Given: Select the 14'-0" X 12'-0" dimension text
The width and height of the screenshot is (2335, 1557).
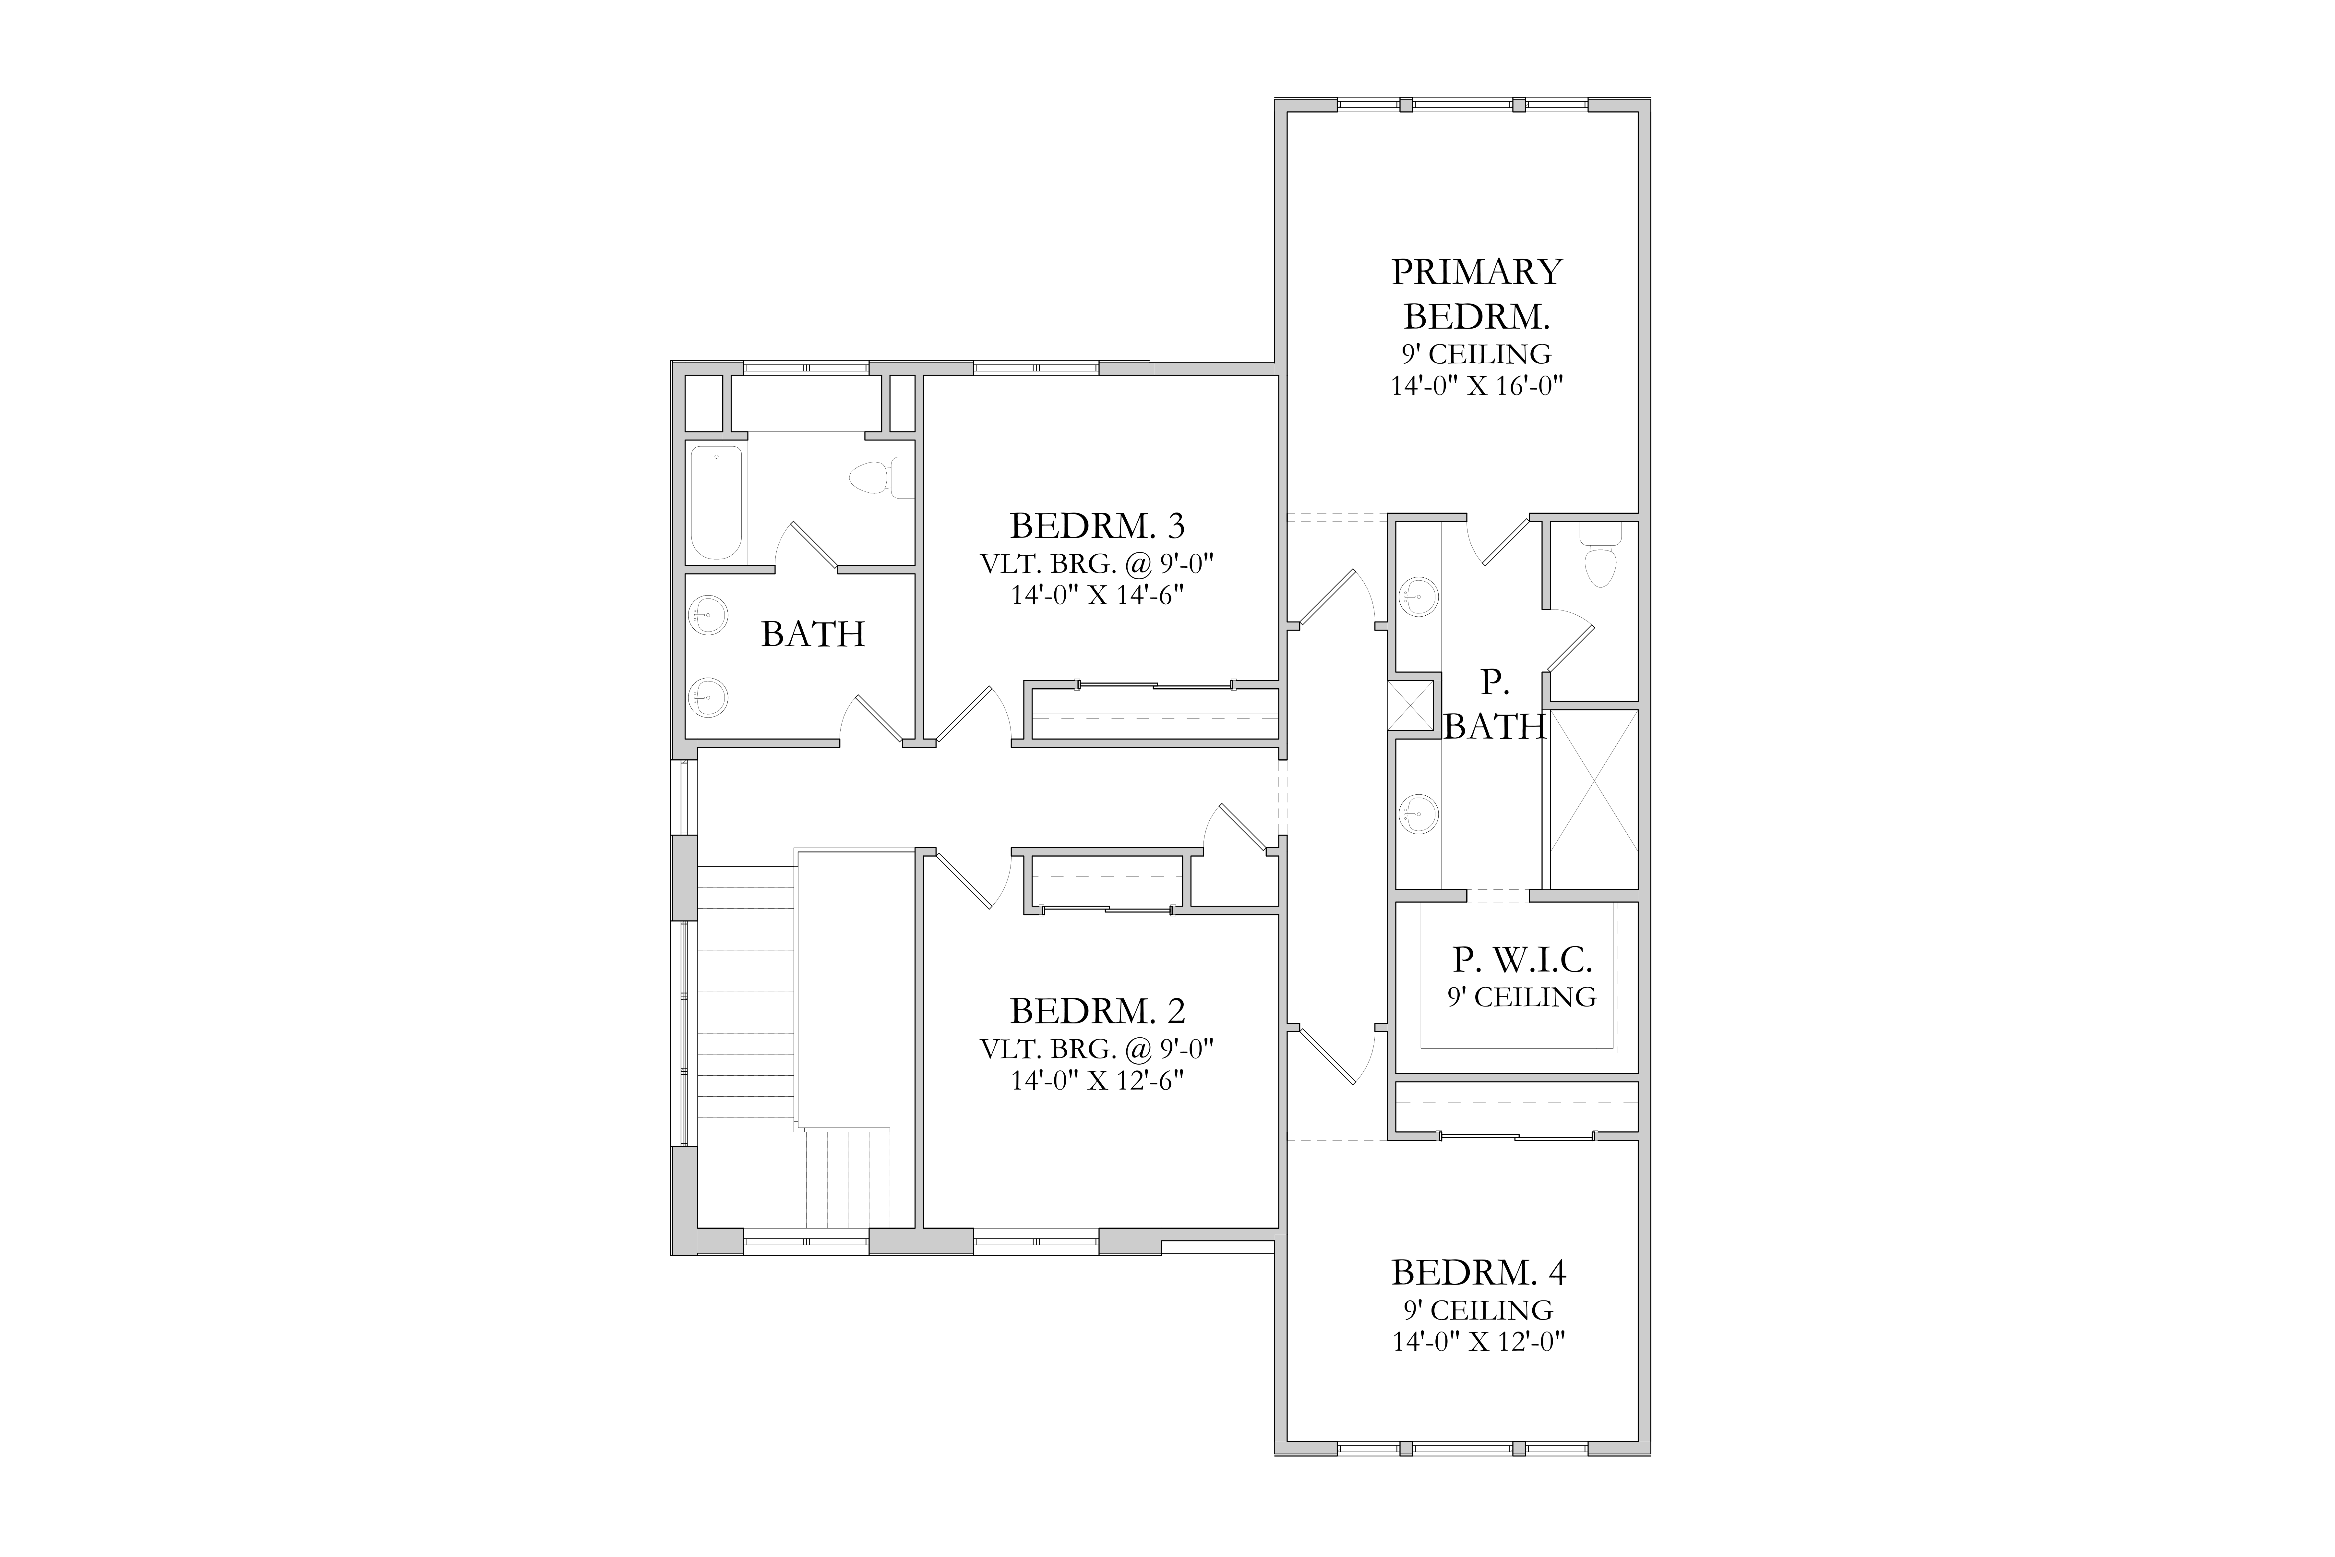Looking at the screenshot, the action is pos(1478,1342).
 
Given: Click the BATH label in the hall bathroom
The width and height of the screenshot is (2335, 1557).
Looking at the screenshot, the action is pos(813,634).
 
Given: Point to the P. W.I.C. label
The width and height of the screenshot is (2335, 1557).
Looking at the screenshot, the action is pos(1523,959).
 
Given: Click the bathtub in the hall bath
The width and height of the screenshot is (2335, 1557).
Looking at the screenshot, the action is pos(716,503).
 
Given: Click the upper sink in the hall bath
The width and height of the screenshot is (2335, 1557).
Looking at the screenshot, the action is pos(709,615).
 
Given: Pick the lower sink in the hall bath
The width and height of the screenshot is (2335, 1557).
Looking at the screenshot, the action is pos(709,697).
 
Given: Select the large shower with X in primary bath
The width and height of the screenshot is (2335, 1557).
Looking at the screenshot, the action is pos(1593,780).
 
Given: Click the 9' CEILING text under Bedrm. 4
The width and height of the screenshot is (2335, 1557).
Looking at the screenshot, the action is pos(1478,1310).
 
